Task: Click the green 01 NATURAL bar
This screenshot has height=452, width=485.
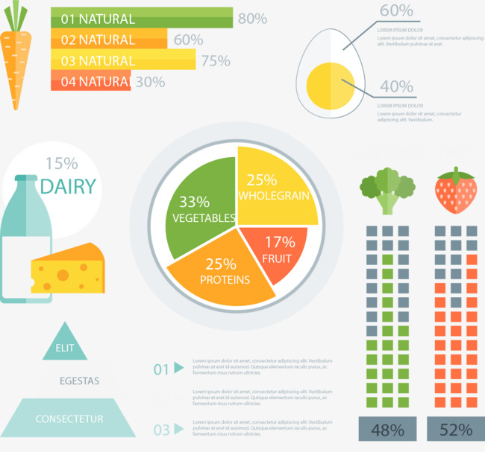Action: click(142, 19)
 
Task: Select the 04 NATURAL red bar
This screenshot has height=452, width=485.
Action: click(90, 81)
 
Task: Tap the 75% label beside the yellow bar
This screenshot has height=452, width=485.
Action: click(216, 60)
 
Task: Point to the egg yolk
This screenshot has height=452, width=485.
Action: click(328, 84)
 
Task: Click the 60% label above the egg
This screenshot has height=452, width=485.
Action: click(395, 10)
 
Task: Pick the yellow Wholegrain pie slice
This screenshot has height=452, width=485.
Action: click(276, 186)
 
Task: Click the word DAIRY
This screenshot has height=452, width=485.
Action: click(68, 186)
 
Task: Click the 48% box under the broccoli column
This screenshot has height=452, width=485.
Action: click(387, 429)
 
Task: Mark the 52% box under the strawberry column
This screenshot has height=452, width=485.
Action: click(455, 429)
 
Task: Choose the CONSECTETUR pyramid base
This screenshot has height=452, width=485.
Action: click(69, 418)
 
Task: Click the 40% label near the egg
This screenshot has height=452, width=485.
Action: click(396, 86)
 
